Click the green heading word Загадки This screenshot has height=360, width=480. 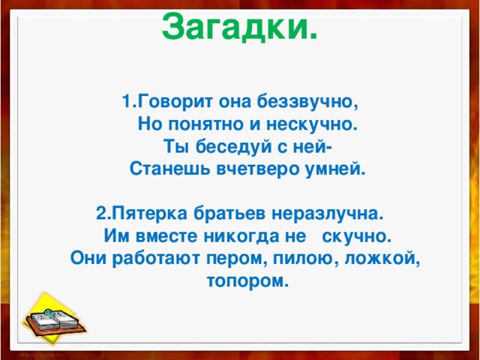click(238, 28)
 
